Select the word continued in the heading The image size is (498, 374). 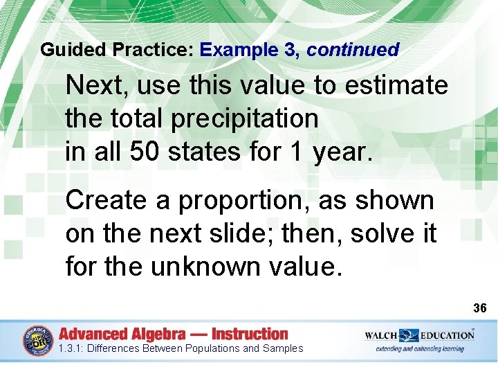coord(353,50)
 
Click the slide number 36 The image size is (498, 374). coord(480,307)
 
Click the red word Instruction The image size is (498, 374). coord(250,334)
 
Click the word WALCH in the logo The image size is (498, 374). coord(382,335)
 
